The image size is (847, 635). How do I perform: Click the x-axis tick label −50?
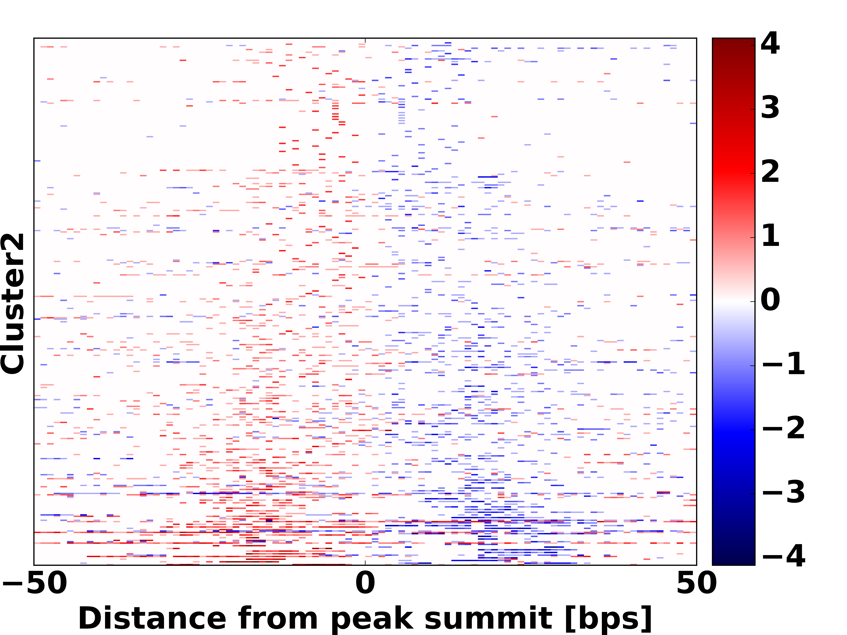35,583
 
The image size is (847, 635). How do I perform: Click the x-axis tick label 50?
697,583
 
